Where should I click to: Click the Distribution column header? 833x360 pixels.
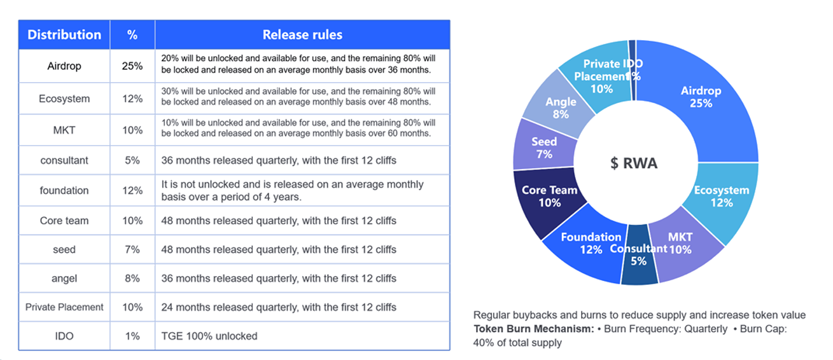(64, 34)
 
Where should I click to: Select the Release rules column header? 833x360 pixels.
(302, 34)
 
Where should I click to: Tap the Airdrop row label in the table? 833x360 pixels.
(64, 66)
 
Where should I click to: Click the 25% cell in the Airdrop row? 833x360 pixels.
(132, 66)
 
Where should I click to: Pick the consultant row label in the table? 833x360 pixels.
(64, 160)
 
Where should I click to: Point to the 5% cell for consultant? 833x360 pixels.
(132, 160)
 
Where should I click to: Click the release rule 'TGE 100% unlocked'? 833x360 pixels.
(209, 336)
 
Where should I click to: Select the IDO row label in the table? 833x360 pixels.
(64, 336)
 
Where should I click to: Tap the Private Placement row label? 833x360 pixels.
(64, 307)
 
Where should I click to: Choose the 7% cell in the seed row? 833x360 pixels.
(132, 249)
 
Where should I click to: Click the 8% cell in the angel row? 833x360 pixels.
(132, 278)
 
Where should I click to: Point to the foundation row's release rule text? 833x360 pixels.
(293, 190)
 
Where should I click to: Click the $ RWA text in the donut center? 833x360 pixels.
(633, 163)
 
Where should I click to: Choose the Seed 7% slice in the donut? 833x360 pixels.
(544, 148)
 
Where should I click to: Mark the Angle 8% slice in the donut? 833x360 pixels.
(561, 107)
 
